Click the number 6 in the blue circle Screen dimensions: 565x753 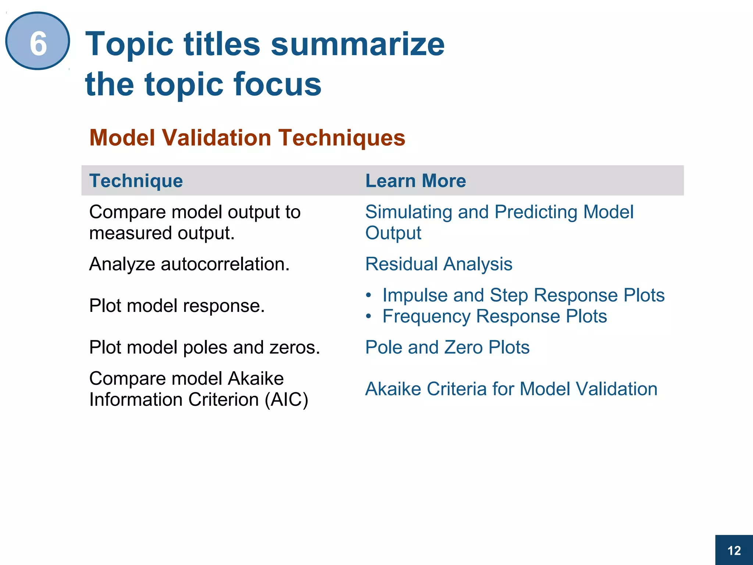coord(38,43)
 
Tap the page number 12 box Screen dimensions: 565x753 coord(734,550)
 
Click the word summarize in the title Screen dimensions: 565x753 coord(357,44)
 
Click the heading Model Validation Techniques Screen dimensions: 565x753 coord(247,138)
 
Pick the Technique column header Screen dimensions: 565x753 coord(136,181)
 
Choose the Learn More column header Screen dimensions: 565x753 coord(415,181)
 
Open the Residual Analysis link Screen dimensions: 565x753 coord(438,264)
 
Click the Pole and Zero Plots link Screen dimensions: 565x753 coord(447,347)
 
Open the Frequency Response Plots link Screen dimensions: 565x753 coord(494,316)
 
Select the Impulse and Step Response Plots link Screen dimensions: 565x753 coord(523,295)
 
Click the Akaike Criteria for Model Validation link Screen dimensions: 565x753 coord(511,389)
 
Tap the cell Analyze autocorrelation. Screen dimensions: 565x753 coord(189,264)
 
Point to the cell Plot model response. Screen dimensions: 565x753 coord(177,306)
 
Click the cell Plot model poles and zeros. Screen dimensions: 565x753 coord(204,347)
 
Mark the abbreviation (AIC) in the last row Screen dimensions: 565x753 coord(286,400)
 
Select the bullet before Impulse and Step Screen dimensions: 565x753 coord(369,295)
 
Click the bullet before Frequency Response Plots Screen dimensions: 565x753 coord(369,316)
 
